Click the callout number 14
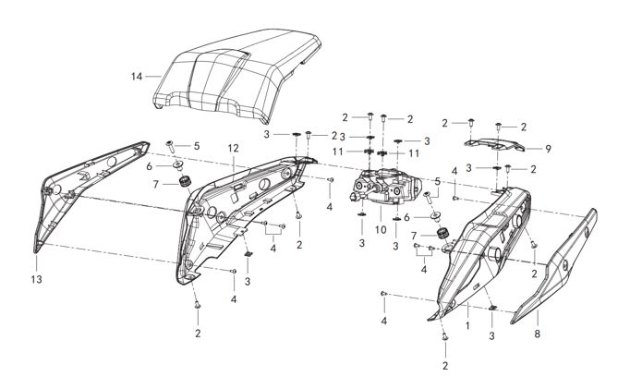pyautogui.click(x=138, y=76)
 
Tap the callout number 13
pyautogui.click(x=37, y=277)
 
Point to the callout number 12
pyautogui.click(x=233, y=148)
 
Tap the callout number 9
pyautogui.click(x=547, y=148)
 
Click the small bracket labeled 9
pyautogui.click(x=494, y=143)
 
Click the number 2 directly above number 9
pyautogui.click(x=524, y=127)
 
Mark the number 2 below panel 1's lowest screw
pyautogui.click(x=445, y=366)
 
